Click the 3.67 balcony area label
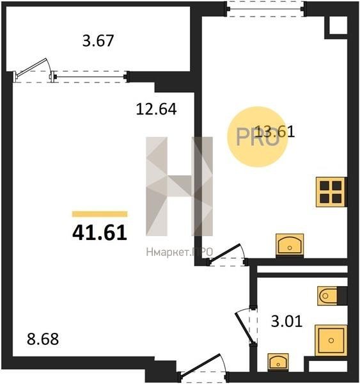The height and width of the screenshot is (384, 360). pyautogui.click(x=98, y=41)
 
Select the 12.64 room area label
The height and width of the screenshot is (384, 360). pyautogui.click(x=156, y=109)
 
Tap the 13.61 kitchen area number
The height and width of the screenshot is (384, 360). pyautogui.click(x=274, y=131)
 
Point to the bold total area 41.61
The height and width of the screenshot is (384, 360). pyautogui.click(x=100, y=233)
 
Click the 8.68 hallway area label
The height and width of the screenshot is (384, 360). pyautogui.click(x=43, y=339)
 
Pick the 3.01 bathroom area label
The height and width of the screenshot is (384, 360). pyautogui.click(x=286, y=321)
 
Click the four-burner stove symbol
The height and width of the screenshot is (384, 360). pyautogui.click(x=331, y=192)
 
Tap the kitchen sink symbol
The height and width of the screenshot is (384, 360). pyautogui.click(x=290, y=244)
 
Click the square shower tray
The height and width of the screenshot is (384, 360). pyautogui.click(x=331, y=340)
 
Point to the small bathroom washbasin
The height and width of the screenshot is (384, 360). pyautogui.click(x=278, y=362)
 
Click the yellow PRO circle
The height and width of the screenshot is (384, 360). pyautogui.click(x=257, y=137)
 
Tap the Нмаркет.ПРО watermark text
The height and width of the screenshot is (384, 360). pyautogui.click(x=180, y=252)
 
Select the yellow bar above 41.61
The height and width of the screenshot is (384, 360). pyautogui.click(x=100, y=214)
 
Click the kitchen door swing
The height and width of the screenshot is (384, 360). pyautogui.click(x=224, y=253)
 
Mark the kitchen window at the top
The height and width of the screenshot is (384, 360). pyautogui.click(x=265, y=10)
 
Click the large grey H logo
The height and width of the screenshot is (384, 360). pyautogui.click(x=180, y=186)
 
